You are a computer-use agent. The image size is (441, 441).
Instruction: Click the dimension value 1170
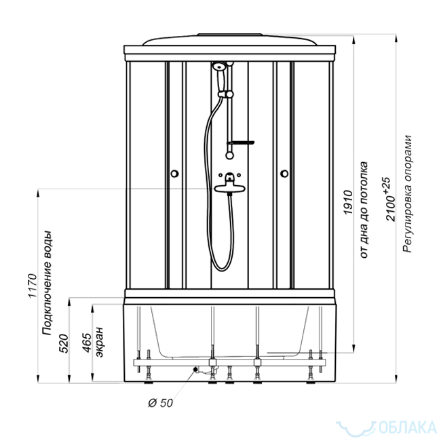pos(32,285)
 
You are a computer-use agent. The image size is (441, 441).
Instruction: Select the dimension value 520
pos(64,343)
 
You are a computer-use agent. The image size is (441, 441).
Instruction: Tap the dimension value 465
pos(87,343)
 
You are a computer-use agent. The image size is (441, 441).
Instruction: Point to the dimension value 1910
pos(348,202)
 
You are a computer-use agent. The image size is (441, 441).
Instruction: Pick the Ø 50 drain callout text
pos(160,403)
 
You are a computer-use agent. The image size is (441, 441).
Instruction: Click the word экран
pos(99,342)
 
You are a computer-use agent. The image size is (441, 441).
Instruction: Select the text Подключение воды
pos(47,283)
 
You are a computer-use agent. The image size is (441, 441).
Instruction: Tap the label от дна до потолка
pos(364,210)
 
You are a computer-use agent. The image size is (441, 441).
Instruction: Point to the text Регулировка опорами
pos(407,194)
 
